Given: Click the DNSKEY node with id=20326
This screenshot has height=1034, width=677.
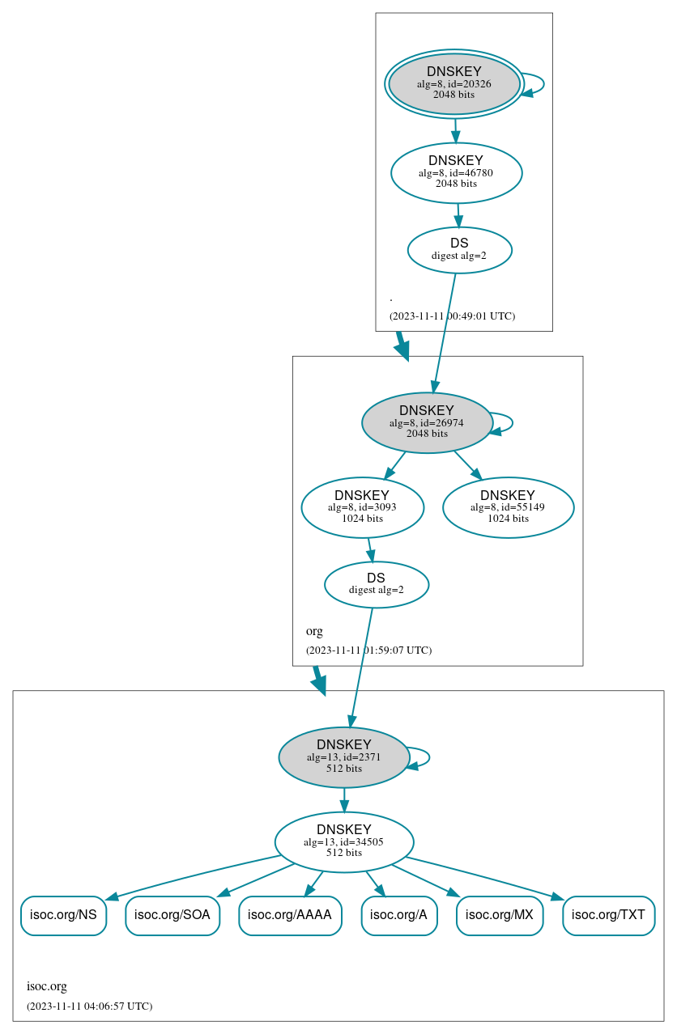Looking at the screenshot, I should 453,83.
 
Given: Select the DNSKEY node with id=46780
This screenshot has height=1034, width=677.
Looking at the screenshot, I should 456,172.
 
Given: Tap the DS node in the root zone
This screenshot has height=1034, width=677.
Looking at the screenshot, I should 459,249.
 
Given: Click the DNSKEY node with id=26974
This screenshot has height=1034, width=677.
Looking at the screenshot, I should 427,422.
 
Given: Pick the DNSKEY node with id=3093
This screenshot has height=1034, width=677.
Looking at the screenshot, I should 362,507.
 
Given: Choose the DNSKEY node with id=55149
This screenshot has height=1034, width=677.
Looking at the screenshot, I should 508,507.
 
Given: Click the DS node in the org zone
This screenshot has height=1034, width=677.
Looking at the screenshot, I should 376,583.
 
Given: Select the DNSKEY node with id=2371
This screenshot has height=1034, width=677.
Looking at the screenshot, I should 343,757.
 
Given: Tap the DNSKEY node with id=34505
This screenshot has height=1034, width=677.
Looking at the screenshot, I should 343,841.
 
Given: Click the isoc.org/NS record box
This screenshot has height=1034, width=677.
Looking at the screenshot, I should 63,915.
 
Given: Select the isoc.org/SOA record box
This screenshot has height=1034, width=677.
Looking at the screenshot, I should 172,915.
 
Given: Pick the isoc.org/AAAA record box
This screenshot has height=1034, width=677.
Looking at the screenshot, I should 290,915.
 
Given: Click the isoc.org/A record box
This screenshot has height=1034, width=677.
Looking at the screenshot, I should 398,915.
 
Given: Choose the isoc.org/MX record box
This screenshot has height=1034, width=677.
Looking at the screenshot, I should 500,915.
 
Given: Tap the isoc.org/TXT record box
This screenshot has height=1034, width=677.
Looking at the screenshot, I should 608,915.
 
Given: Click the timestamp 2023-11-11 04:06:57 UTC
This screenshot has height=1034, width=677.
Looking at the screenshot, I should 89,1006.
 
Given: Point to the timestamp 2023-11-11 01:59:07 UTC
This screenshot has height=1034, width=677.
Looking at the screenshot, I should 368,650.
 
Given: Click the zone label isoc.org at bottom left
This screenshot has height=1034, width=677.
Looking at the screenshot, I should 47,986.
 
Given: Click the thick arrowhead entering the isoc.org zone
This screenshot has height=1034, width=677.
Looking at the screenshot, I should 319,685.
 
